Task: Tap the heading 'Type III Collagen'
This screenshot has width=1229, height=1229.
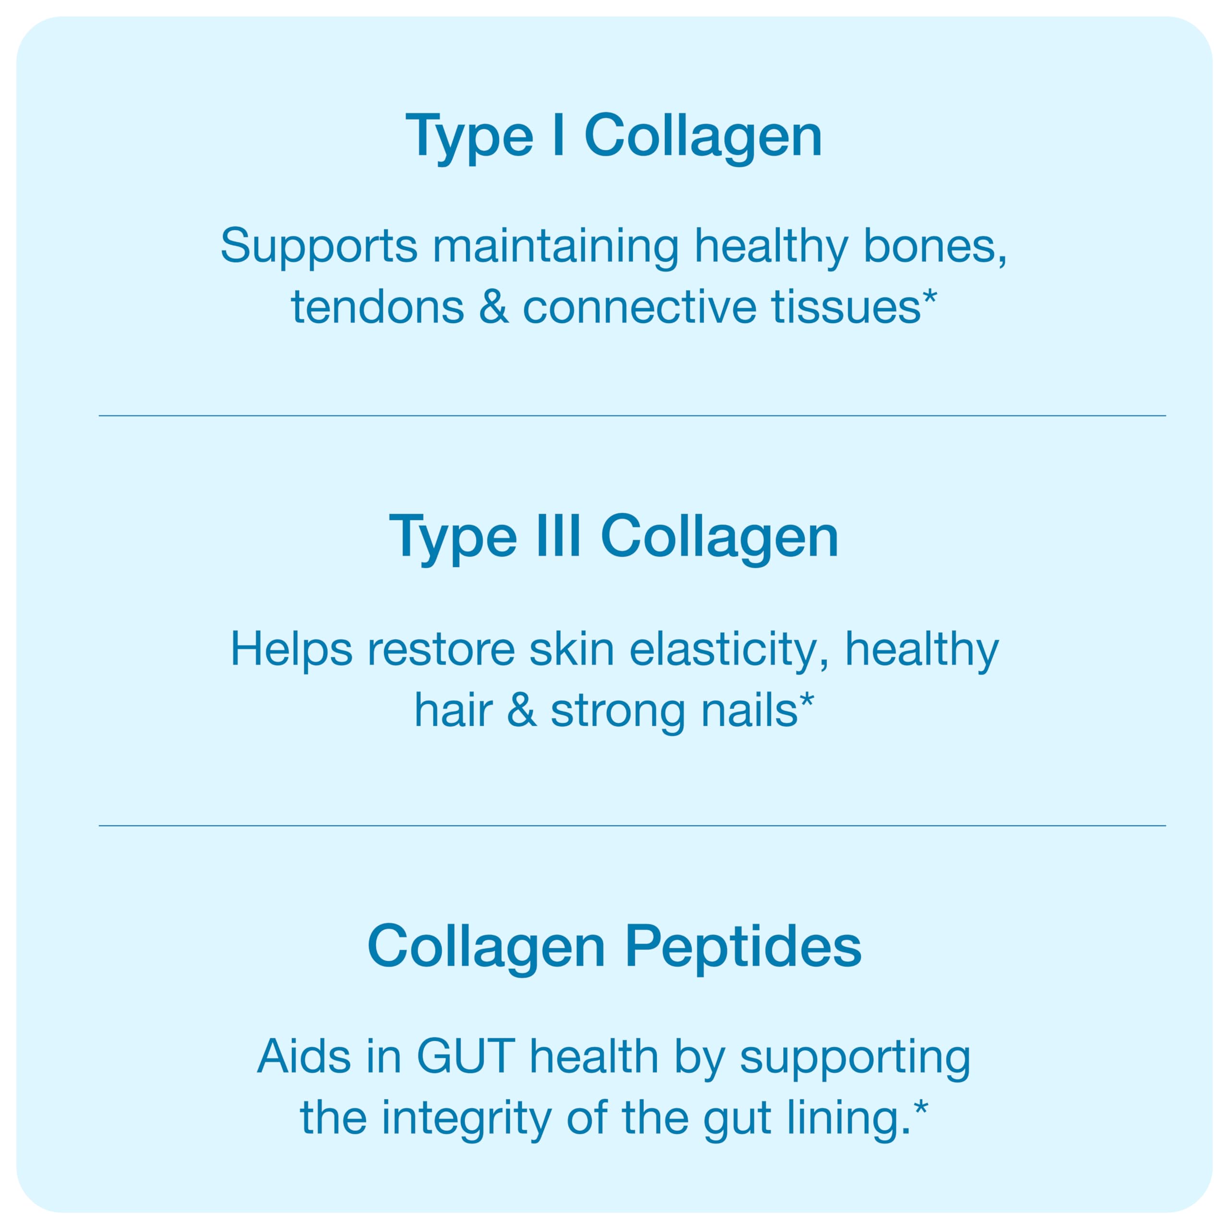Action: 614,538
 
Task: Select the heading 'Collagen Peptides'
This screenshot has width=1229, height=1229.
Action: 614,947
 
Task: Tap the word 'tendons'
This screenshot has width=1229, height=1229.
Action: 378,307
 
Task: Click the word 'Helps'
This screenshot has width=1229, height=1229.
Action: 291,650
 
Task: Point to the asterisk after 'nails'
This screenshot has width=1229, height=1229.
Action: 807,700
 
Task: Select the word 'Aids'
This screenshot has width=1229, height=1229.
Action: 303,1057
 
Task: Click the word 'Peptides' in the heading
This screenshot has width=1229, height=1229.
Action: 743,947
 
